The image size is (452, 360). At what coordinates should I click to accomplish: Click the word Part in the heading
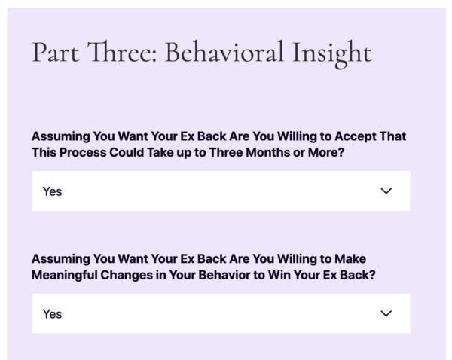[56, 53]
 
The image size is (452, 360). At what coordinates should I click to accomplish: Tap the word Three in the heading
[122, 52]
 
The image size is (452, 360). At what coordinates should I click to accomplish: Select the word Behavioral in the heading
[224, 52]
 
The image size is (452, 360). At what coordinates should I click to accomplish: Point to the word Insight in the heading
[332, 55]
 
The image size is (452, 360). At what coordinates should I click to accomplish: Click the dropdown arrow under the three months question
[386, 191]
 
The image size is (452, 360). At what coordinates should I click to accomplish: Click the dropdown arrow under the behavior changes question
[386, 313]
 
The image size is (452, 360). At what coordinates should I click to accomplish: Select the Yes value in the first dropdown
[52, 191]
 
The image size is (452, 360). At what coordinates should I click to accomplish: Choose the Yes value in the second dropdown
[52, 314]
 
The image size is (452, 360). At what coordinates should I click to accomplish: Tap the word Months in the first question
[267, 152]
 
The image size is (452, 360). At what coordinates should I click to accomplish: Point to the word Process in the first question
[83, 152]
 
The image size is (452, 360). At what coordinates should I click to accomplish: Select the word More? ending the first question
[326, 152]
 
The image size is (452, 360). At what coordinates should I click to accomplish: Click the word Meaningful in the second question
[64, 275]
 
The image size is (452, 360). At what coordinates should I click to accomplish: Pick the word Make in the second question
[350, 259]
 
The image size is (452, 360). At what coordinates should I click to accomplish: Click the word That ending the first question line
[392, 136]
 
